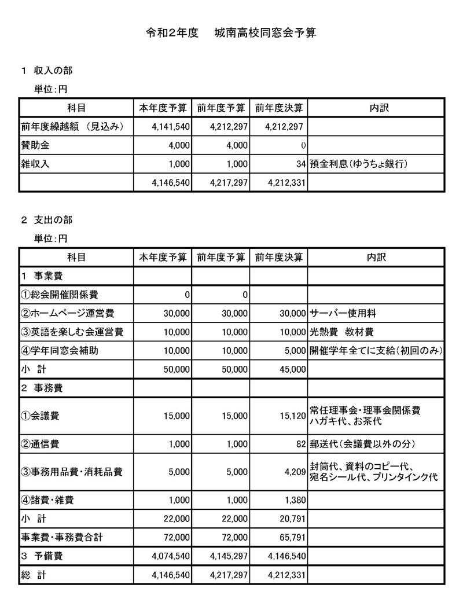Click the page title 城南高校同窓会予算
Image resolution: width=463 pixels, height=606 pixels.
click(x=264, y=34)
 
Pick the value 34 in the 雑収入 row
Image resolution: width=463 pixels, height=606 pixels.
click(x=300, y=164)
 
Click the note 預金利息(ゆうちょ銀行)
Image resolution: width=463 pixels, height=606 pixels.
click(x=358, y=164)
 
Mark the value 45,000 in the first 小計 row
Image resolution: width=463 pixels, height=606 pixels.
click(x=292, y=369)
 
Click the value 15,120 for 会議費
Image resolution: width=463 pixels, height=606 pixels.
click(x=292, y=416)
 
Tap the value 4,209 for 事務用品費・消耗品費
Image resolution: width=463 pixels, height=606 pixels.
click(x=294, y=472)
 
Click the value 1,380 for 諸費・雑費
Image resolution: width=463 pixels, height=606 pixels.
click(x=294, y=500)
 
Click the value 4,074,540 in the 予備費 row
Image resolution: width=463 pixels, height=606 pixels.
click(x=168, y=557)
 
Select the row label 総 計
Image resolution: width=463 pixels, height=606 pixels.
click(x=34, y=576)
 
